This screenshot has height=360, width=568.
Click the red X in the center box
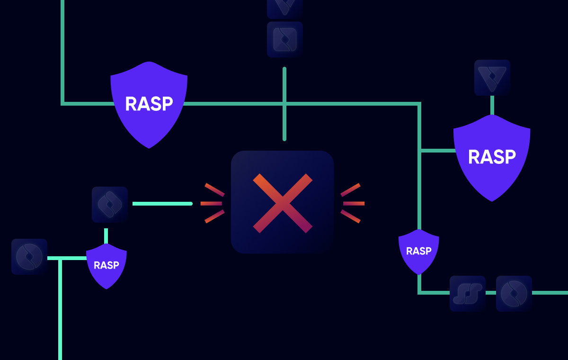click(283, 203)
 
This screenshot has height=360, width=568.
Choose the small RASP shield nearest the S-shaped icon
click(419, 251)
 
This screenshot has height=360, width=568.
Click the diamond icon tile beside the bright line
click(110, 205)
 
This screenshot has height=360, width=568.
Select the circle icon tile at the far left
click(29, 257)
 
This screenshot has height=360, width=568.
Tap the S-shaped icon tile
click(468, 294)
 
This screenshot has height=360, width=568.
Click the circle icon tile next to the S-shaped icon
click(514, 294)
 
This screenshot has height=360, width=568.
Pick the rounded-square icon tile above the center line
click(285, 39)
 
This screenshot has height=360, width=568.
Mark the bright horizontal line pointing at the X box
click(162, 204)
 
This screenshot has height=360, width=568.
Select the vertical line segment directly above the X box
click(284, 104)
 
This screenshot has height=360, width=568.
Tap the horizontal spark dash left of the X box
click(211, 204)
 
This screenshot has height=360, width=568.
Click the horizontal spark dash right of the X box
click(354, 204)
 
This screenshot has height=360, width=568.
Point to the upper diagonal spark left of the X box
click(214, 190)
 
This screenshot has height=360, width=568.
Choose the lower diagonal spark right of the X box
click(350, 216)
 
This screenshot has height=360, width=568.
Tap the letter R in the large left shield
click(130, 104)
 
